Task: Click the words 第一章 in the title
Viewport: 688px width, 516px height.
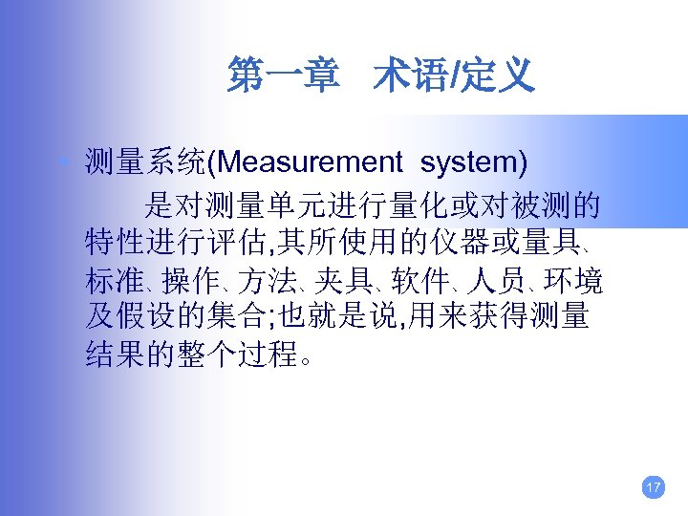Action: click(x=283, y=75)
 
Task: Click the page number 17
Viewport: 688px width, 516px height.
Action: click(x=654, y=488)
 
